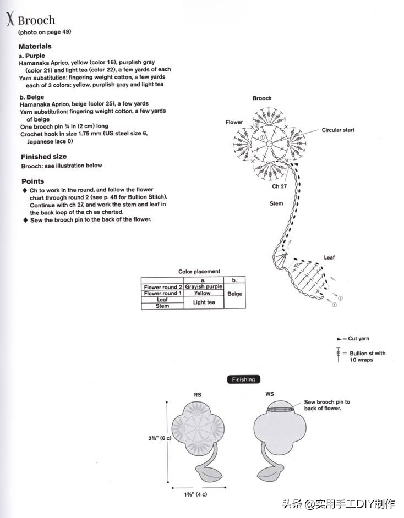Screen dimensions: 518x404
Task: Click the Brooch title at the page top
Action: tap(36, 20)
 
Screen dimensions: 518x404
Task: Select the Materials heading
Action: tap(35, 47)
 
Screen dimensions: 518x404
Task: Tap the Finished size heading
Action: tap(43, 157)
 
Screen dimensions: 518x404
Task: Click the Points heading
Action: tap(32, 181)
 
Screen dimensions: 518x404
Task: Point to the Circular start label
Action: tap(338, 130)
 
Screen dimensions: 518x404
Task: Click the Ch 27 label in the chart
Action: tap(279, 186)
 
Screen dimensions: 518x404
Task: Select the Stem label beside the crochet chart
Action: tap(276, 203)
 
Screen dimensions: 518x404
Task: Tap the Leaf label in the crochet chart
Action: tap(329, 257)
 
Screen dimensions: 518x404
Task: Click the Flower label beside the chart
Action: tap(234, 122)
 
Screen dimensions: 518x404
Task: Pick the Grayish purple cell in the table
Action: tap(204, 286)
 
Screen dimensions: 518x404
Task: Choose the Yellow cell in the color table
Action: tap(203, 293)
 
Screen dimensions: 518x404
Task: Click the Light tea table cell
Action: tap(204, 302)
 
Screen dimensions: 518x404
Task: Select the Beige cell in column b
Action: tap(234, 294)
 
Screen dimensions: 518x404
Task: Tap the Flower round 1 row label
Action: tap(162, 293)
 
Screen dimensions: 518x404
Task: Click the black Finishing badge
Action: tap(243, 379)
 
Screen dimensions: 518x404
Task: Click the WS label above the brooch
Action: tap(270, 395)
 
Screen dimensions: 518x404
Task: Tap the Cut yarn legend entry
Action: tap(358, 339)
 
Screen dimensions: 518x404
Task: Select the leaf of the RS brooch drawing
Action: tap(209, 472)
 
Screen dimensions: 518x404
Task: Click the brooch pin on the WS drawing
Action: tap(280, 409)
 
